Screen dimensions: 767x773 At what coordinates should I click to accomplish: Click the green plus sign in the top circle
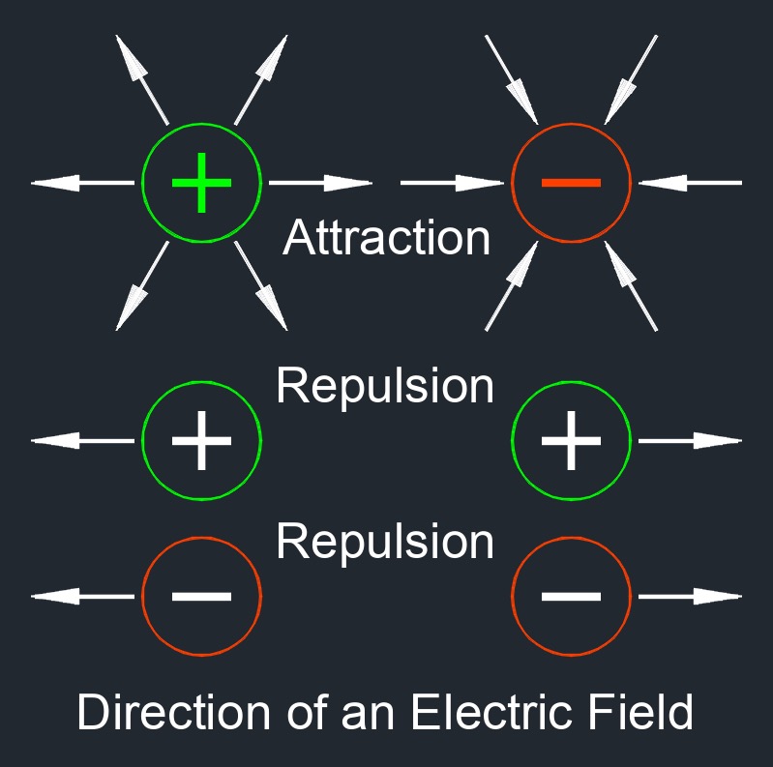point(201,182)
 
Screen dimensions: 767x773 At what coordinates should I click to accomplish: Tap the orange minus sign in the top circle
point(571,182)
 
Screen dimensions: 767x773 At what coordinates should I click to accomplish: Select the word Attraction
point(387,238)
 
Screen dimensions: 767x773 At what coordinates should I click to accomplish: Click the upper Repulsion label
point(385,387)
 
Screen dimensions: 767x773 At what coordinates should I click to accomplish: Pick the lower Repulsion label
point(385,542)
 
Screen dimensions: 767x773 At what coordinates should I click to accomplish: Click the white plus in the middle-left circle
point(201,440)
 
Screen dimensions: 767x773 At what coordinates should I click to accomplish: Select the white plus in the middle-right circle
point(571,440)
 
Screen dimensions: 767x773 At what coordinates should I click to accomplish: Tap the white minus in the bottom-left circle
point(201,596)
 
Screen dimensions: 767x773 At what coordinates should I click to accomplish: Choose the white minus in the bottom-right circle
point(571,596)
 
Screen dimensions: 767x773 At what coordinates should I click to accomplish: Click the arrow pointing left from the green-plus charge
point(83,182)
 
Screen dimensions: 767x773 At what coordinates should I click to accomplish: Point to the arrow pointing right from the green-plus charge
point(319,182)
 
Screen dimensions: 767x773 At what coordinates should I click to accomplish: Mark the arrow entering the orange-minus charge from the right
point(690,182)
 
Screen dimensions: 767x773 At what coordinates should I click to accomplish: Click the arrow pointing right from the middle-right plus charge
point(690,440)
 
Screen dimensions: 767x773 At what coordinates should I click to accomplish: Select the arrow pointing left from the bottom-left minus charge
point(83,596)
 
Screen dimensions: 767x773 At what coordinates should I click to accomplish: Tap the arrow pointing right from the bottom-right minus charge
point(690,596)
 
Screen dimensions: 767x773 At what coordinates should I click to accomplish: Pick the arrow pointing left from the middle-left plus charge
point(83,440)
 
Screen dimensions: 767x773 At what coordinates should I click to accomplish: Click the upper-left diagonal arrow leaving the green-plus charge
point(141,79)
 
